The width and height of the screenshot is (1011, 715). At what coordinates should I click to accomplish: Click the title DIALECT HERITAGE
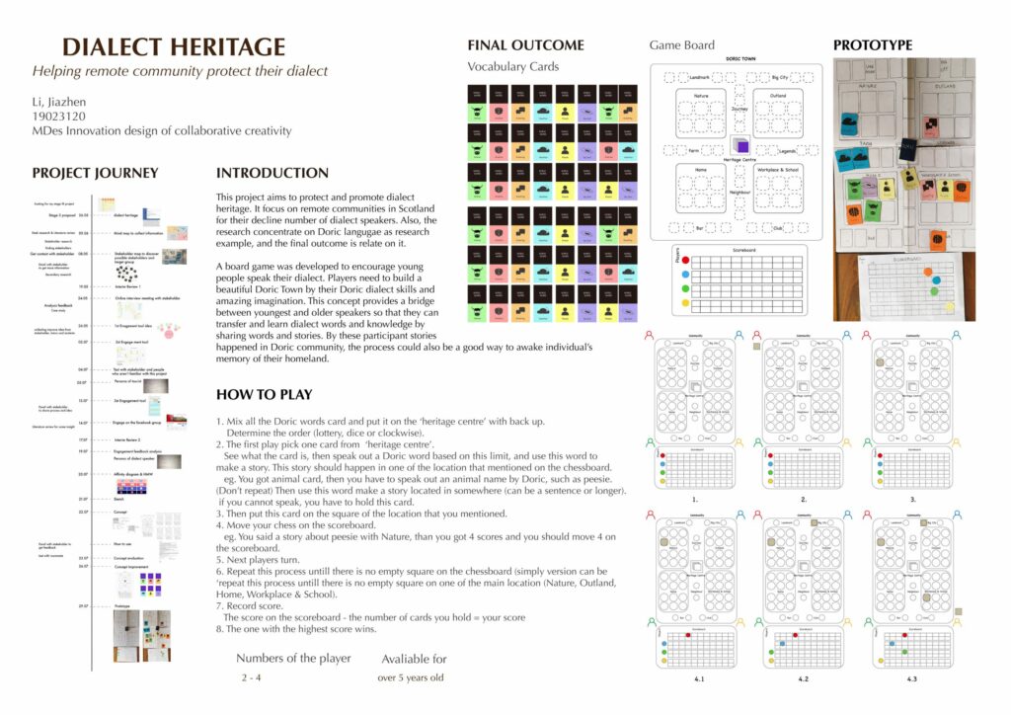[x=174, y=46]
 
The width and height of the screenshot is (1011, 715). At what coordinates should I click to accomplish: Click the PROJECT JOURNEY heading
[x=95, y=173]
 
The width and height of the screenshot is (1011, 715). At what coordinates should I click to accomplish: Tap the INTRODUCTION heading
[x=272, y=173]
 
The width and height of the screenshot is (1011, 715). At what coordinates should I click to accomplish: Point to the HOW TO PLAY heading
[x=264, y=395]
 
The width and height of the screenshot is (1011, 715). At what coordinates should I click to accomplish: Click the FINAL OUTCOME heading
[x=525, y=45]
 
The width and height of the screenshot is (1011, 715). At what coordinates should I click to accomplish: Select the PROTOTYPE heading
[x=873, y=45]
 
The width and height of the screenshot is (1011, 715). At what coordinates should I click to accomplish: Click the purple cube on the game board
[x=741, y=146]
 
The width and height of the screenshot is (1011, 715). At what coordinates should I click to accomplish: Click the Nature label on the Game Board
[x=702, y=95]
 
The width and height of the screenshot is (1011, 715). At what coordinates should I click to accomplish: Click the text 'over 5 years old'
[x=411, y=678]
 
